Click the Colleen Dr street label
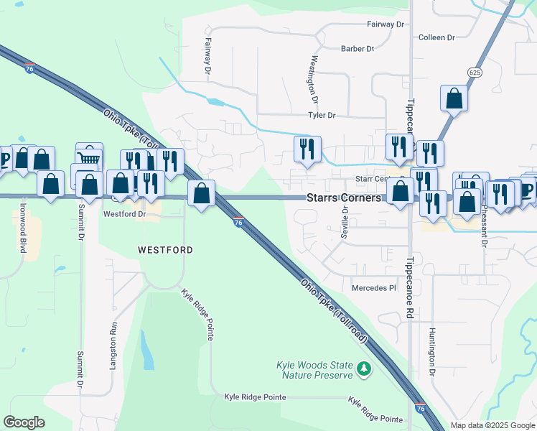(x=437, y=37)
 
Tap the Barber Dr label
(x=358, y=49)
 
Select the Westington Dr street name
(x=313, y=78)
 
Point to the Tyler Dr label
(x=322, y=115)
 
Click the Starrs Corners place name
(x=342, y=197)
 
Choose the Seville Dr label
(x=345, y=223)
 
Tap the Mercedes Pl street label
(x=373, y=288)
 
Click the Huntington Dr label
(x=432, y=353)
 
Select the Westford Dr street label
(x=124, y=213)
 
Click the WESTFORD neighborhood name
(x=165, y=249)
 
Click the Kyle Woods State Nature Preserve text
(x=315, y=370)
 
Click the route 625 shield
(x=473, y=73)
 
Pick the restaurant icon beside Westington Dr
(x=307, y=149)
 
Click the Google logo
(x=24, y=422)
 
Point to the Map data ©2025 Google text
(x=492, y=425)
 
